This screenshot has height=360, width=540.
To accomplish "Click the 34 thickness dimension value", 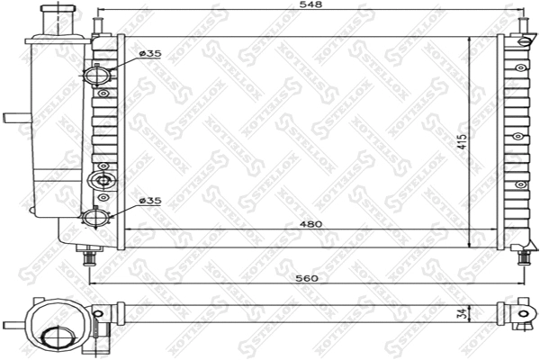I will [x=462, y=315].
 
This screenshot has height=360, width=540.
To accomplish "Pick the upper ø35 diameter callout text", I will [x=150, y=54].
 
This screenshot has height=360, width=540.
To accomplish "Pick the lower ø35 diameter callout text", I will [x=150, y=202].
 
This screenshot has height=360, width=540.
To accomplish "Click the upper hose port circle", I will [x=96, y=76].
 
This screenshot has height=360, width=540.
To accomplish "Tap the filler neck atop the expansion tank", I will [x=56, y=15].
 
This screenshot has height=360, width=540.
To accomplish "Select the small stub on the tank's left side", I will [x=14, y=117].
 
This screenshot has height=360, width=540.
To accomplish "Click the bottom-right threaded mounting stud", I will [x=524, y=257].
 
